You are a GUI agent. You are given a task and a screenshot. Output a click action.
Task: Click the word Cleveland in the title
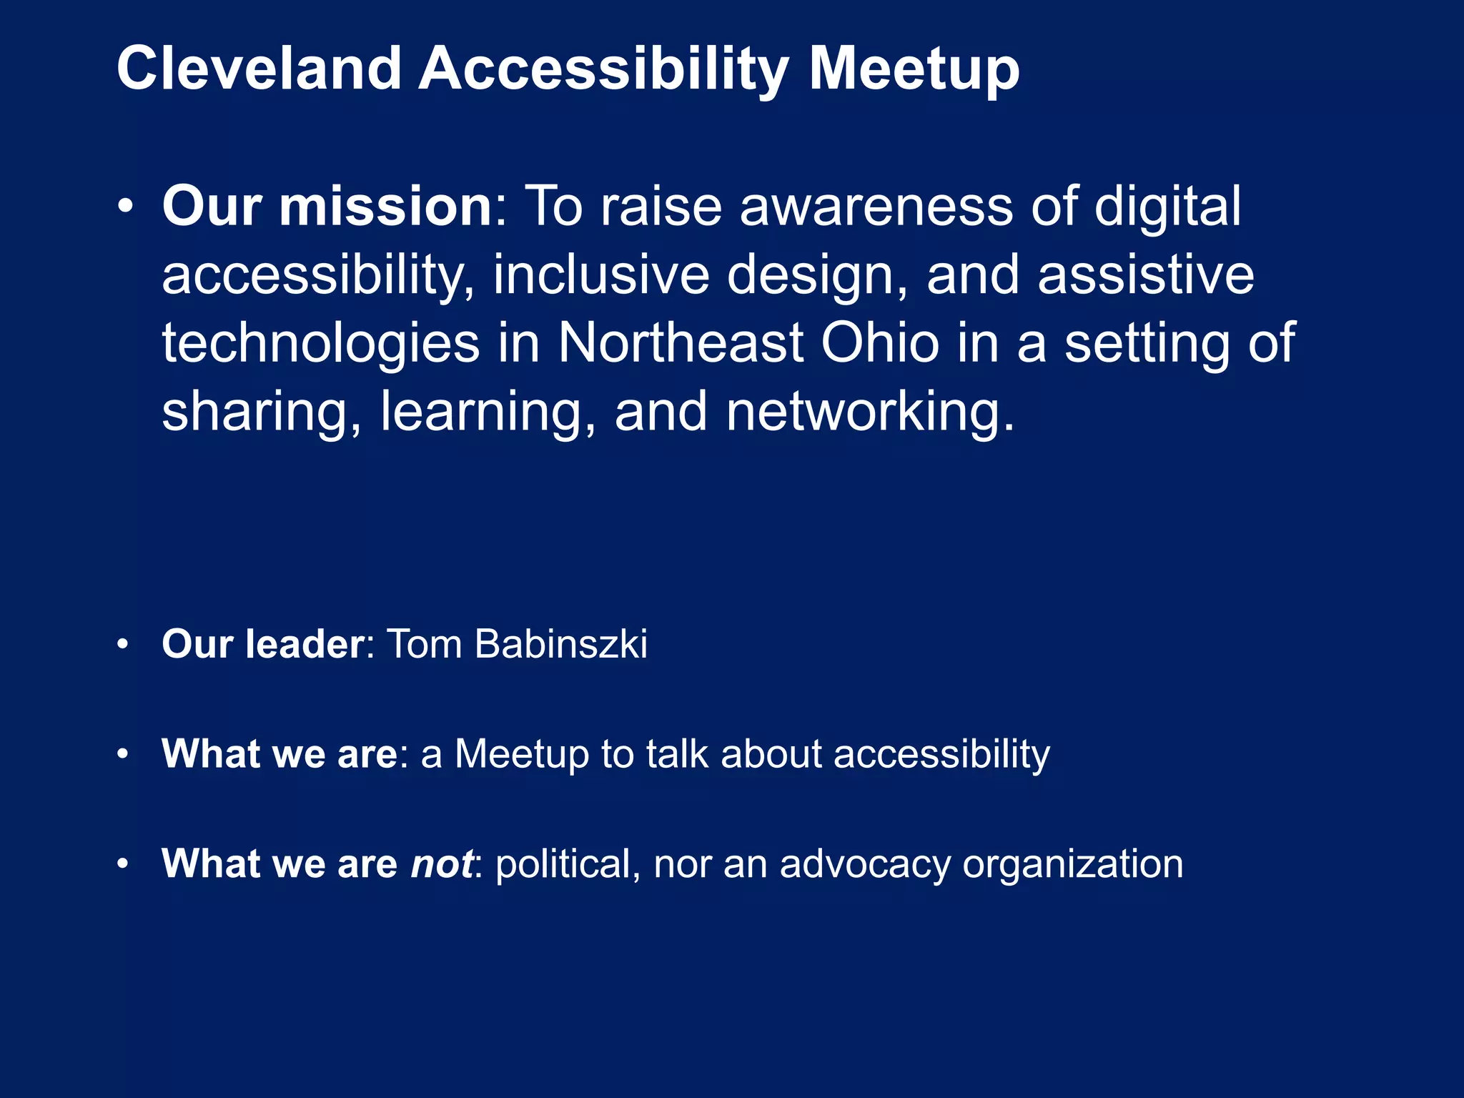tap(259, 69)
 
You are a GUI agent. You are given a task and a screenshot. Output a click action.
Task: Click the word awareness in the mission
tap(876, 207)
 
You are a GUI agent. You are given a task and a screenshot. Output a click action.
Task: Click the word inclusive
tap(600, 275)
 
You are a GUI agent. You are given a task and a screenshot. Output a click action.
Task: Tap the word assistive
tap(1145, 275)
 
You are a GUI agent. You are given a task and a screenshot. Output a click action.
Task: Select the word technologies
tap(321, 344)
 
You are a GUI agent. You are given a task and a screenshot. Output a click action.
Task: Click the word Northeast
tap(681, 343)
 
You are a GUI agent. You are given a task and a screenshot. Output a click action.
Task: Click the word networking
tap(869, 412)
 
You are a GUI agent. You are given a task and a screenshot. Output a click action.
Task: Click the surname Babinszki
tap(560, 644)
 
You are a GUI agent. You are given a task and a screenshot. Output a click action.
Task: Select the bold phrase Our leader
tap(263, 644)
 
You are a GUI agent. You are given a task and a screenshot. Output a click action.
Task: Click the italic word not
tap(441, 864)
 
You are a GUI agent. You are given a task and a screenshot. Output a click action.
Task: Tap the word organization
tap(1072, 865)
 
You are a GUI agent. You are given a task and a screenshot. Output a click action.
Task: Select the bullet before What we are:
tap(123, 754)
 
